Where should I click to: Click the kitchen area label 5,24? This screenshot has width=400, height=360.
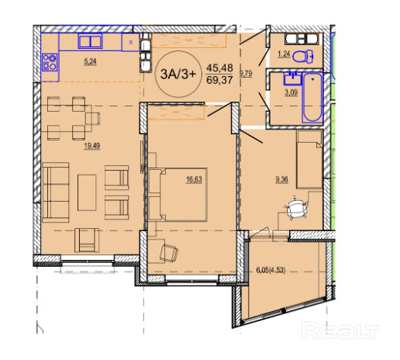90,61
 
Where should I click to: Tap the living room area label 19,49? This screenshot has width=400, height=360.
91,146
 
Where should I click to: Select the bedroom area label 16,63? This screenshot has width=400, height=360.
195,179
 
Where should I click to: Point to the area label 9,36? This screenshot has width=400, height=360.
282,179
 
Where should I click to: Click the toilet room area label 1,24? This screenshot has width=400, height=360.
284,54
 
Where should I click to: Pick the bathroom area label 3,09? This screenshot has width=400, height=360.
291,92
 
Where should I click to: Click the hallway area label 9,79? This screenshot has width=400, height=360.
246,74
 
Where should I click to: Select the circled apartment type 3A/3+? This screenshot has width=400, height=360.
178,74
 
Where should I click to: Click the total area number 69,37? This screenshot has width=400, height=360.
219,81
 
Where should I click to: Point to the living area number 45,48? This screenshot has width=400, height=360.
219,68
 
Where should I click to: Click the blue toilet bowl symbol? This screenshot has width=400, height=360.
303,56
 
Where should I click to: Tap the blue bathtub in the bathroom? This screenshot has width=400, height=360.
312,98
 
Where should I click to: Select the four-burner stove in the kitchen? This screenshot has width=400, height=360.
50,62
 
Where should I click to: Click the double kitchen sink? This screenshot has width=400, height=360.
90,41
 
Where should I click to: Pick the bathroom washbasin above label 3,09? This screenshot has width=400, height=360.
292,78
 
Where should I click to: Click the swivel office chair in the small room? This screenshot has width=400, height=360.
296,208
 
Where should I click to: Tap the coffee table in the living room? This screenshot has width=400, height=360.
87,192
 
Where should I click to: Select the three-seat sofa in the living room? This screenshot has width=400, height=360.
56,192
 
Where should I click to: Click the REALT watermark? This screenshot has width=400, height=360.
340,331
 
